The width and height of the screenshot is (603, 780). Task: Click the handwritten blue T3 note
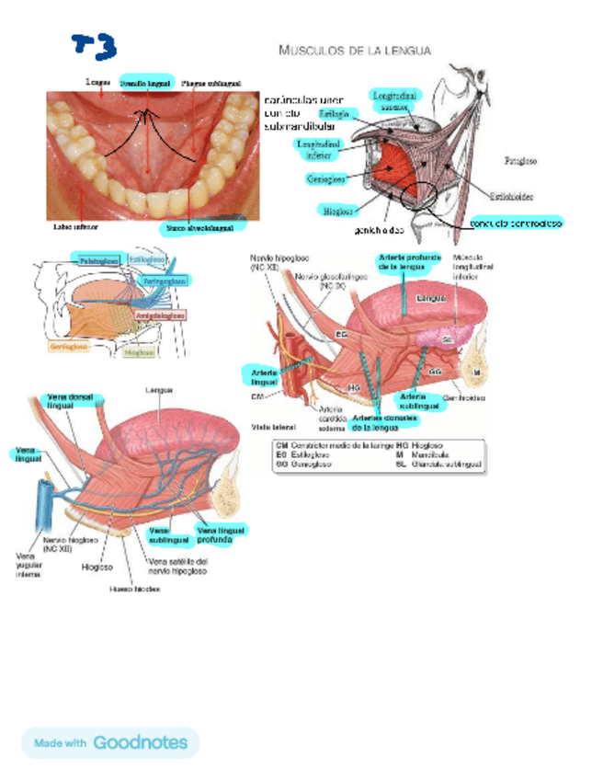click(95, 43)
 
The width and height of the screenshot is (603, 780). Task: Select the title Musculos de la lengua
click(354, 50)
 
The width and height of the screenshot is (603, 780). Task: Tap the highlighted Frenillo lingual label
click(145, 82)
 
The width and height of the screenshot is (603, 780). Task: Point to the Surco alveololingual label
click(199, 225)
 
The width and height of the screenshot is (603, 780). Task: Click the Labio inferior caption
click(76, 224)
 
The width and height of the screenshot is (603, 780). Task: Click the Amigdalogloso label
click(161, 315)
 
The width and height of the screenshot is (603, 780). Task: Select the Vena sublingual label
click(165, 534)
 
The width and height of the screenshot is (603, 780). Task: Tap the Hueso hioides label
click(134, 589)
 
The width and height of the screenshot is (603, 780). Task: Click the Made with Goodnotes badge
click(110, 742)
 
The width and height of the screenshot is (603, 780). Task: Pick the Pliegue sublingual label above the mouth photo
click(210, 82)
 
